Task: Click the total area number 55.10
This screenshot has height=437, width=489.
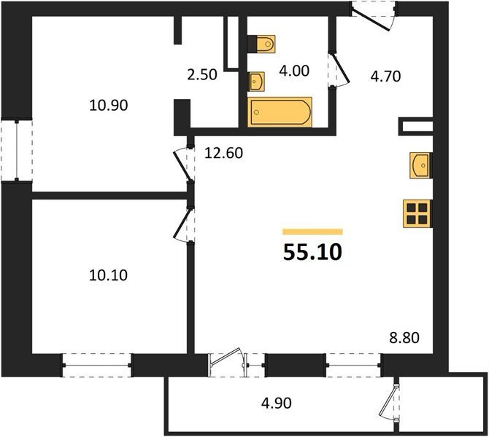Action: pos(312,252)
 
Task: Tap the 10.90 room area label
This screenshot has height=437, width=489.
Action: pos(109,106)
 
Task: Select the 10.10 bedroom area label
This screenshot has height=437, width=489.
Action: pos(108,275)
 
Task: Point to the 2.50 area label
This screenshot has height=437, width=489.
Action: pos(202,75)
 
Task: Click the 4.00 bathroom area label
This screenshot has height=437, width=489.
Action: pos(294,71)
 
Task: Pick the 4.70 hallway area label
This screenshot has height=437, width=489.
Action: pos(385,76)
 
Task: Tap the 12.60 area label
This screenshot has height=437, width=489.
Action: pos(223,153)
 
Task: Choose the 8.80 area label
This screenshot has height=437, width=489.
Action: pos(404,338)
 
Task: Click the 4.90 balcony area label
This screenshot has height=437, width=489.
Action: pos(277,403)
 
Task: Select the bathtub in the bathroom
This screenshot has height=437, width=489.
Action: pos(280,112)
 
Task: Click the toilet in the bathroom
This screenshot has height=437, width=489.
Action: pos(261,44)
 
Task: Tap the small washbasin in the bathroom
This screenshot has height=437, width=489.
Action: pos(256,82)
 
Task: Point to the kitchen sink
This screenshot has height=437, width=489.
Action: pos(421,165)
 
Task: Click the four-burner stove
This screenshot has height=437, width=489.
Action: pos(417,213)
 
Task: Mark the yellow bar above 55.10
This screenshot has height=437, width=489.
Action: pos(312,232)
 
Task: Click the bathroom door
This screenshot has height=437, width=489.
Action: pos(338,69)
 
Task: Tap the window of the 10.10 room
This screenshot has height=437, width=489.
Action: pos(96,365)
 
